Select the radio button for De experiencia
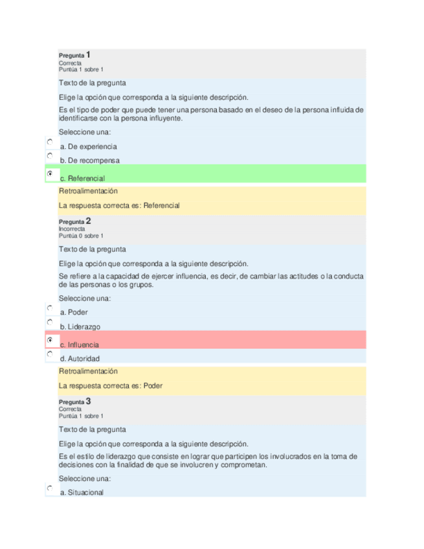50,141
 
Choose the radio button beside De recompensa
50,156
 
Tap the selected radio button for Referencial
50,174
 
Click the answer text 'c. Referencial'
82,178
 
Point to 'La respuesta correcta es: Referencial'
119,205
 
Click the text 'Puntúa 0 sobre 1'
81,236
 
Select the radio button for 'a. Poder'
50,308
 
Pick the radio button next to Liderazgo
50,322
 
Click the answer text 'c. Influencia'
80,344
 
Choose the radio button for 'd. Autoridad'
50,354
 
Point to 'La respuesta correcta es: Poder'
111,385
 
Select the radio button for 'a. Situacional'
50,488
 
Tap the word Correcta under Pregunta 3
70,409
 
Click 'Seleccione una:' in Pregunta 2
85,298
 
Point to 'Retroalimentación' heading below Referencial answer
88,191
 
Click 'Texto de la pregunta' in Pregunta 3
92,429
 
